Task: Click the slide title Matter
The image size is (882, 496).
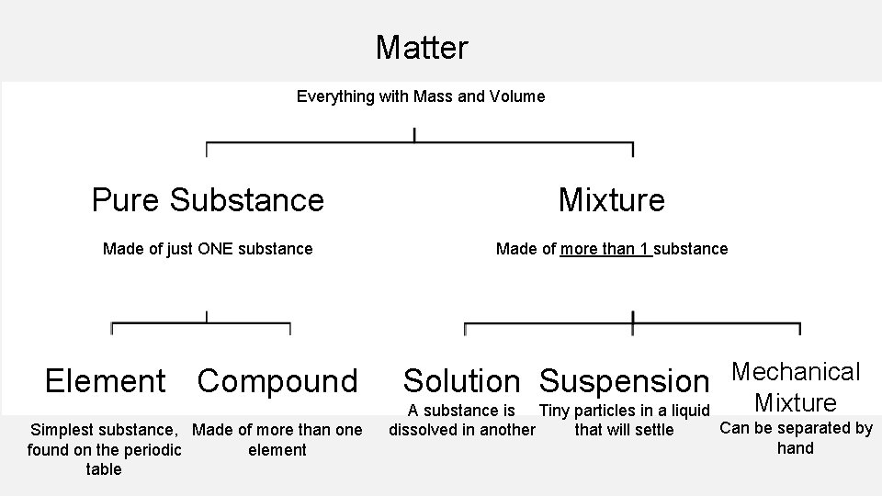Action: [x=422, y=47]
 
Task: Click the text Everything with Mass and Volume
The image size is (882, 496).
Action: [x=420, y=96]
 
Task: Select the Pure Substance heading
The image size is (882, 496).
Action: [x=208, y=199]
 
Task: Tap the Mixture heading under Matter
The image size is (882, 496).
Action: [x=611, y=199]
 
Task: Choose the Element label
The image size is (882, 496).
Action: [x=105, y=380]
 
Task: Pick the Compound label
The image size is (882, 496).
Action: [x=277, y=380]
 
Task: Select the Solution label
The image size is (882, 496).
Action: [x=461, y=380]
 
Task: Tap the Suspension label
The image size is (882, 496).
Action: [x=624, y=380]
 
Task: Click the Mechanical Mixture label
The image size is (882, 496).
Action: [x=795, y=387]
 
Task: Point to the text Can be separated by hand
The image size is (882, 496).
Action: [x=796, y=437]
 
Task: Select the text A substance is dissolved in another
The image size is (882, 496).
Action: [x=461, y=420]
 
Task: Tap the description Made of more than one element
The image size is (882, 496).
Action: [x=277, y=439]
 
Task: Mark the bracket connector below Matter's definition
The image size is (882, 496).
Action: [x=419, y=144]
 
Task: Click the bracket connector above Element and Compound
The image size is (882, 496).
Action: [x=201, y=324]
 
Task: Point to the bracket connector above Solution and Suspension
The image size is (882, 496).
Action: [x=632, y=324]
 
